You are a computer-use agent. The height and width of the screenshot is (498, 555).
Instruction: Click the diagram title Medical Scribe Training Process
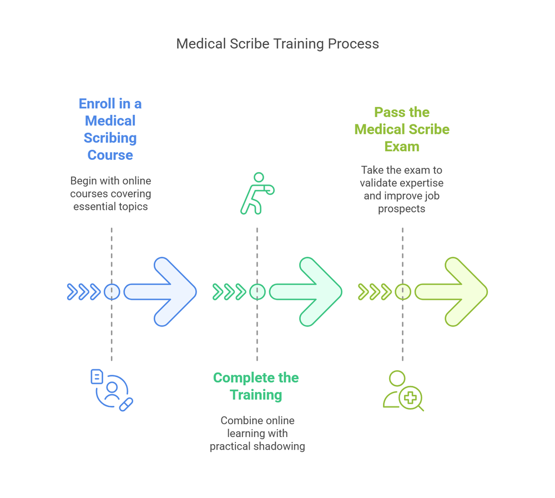[277, 44]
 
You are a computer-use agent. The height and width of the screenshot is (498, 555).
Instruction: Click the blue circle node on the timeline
[112, 291]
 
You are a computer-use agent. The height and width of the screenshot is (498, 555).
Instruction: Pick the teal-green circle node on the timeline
[257, 291]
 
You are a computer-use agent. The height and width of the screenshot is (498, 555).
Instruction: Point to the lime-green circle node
[402, 291]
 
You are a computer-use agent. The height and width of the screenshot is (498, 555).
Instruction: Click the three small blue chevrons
[84, 291]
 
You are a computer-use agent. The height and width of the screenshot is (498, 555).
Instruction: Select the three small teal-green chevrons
[229, 291]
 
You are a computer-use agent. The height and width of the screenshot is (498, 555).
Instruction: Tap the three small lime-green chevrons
[375, 291]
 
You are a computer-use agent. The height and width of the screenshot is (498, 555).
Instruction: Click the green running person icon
[257, 193]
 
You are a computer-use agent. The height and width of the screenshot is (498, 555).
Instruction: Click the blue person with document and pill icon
[112, 390]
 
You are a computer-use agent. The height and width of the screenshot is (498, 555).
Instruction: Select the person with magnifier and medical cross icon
[403, 391]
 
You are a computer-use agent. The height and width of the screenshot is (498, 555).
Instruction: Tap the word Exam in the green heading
[402, 147]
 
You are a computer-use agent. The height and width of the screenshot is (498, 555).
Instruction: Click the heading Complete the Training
[256, 386]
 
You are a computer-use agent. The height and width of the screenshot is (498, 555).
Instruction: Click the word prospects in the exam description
[402, 209]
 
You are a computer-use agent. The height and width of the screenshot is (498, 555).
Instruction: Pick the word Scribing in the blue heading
[110, 138]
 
